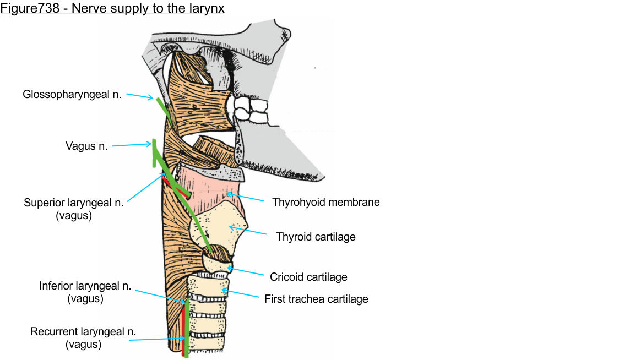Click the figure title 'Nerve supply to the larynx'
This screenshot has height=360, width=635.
112,9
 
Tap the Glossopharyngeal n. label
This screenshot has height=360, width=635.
72,94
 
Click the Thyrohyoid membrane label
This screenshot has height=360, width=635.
325,202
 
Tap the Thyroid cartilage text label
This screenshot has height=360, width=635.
316,237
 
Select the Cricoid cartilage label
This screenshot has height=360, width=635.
308,276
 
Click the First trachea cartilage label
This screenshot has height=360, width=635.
316,299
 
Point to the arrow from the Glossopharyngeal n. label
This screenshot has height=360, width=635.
139,96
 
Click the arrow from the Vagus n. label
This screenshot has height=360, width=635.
131,145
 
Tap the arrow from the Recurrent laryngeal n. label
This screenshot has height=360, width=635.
157,339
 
